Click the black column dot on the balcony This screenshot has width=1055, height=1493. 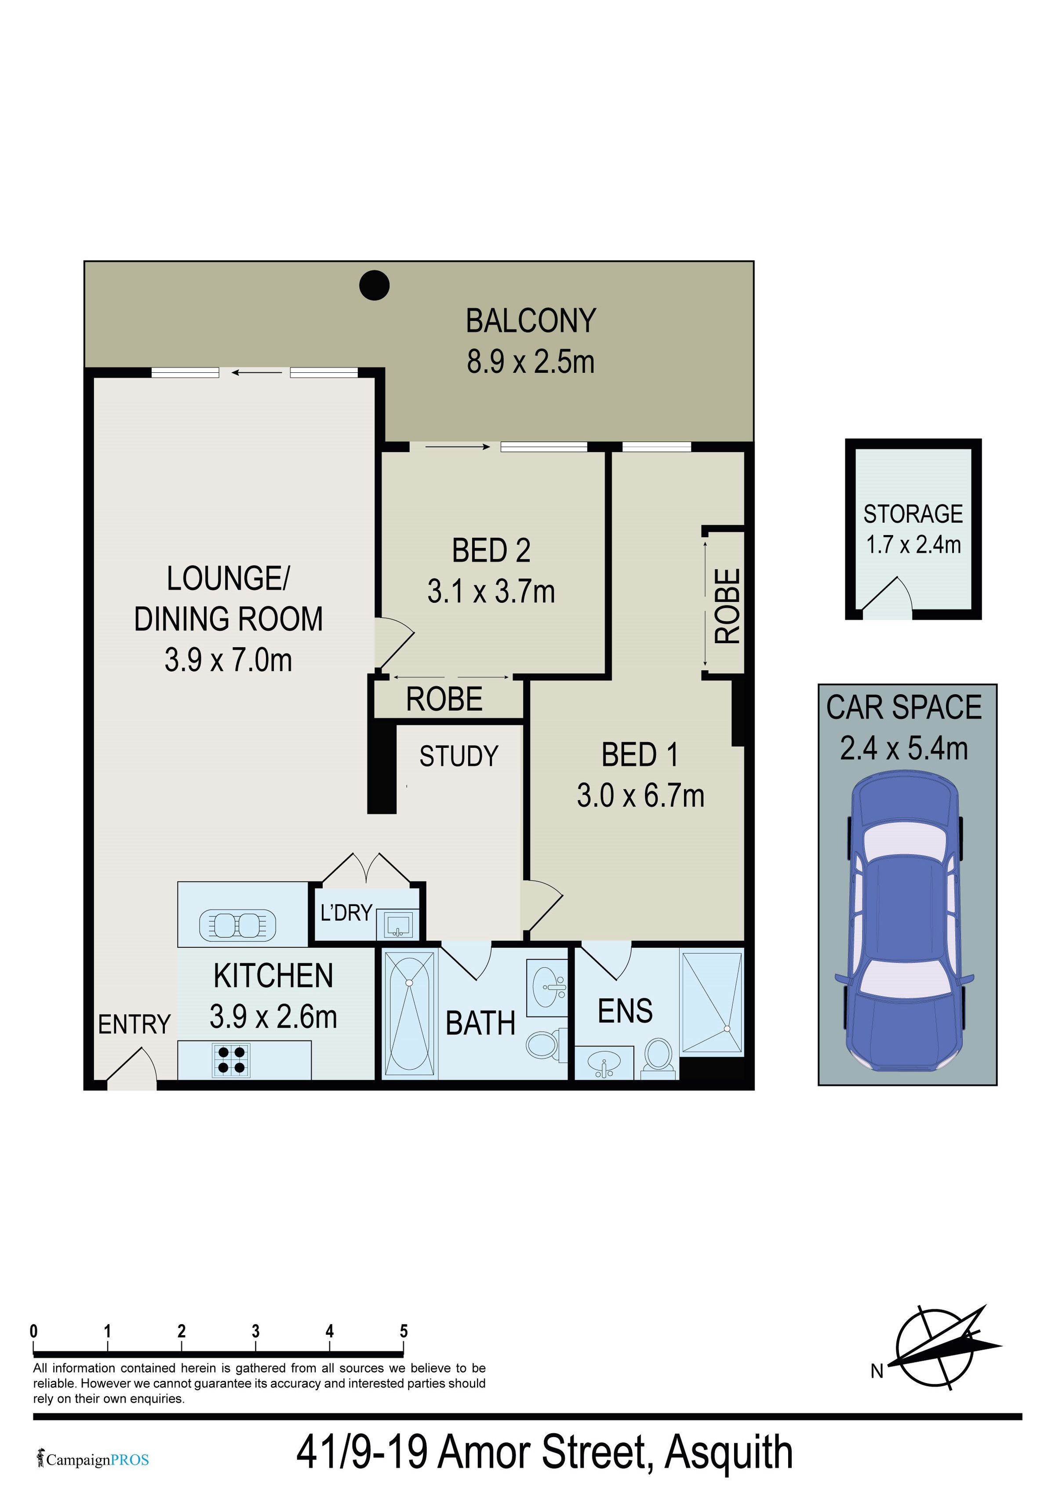pos(375,285)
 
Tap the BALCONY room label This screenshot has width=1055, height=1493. pos(531,320)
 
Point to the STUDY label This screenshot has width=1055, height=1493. pos(459,756)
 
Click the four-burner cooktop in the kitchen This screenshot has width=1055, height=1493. pos(231,1060)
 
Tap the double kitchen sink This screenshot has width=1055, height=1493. pos(237,925)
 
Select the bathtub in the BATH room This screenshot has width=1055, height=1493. pos(410,1013)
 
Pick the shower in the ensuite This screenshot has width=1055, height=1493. pos(712,1001)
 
